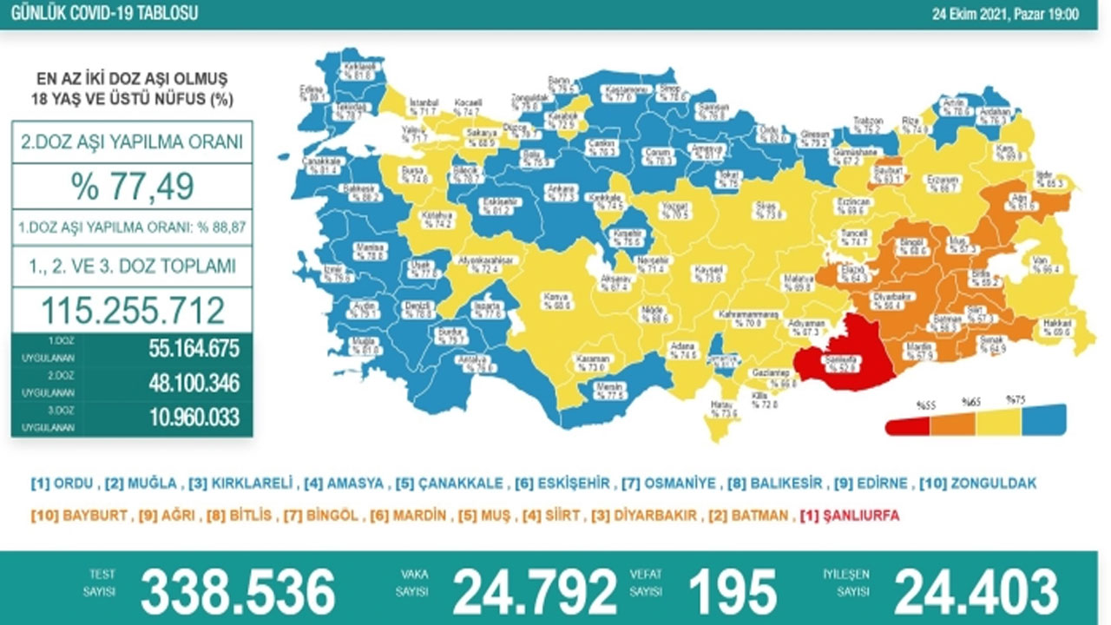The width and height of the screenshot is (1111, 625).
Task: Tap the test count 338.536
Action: point(238,592)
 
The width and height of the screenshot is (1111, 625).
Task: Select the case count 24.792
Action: point(535,592)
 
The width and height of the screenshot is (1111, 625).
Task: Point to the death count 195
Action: point(732,592)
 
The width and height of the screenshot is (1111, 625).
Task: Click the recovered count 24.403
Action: point(976,592)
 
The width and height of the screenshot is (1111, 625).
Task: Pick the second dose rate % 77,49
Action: point(132,185)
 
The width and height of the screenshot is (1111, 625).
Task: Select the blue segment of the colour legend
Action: point(1044,422)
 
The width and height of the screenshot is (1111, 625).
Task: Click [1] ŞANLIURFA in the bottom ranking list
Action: point(849,516)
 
